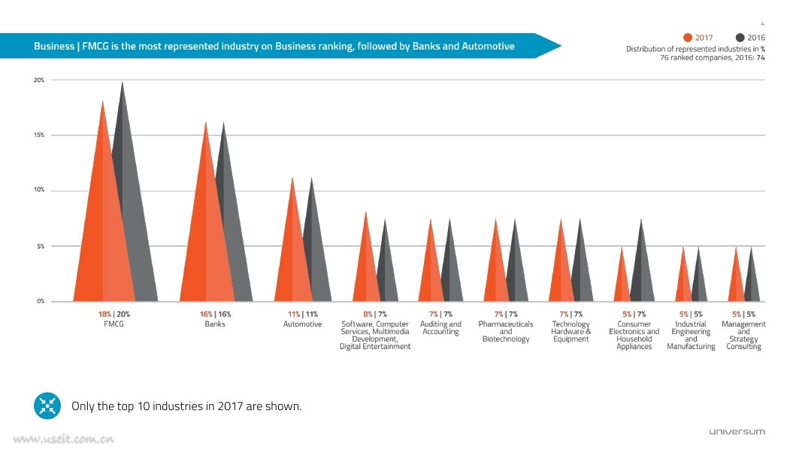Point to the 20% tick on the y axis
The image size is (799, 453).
(x=38, y=80)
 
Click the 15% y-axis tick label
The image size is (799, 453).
(x=38, y=135)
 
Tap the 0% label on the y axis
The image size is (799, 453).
(x=40, y=301)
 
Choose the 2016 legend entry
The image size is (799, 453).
(x=751, y=38)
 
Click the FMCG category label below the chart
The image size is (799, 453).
(x=113, y=324)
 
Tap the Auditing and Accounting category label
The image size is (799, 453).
(x=440, y=328)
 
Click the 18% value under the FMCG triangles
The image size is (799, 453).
(x=104, y=314)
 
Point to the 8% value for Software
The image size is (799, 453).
(x=368, y=314)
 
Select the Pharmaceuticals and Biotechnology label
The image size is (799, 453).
(x=506, y=332)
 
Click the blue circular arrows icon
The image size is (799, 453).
(x=47, y=406)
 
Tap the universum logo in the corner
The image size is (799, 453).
(x=737, y=431)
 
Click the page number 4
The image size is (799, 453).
(x=762, y=24)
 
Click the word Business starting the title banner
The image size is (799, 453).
(x=54, y=47)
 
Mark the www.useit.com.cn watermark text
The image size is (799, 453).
(x=64, y=439)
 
